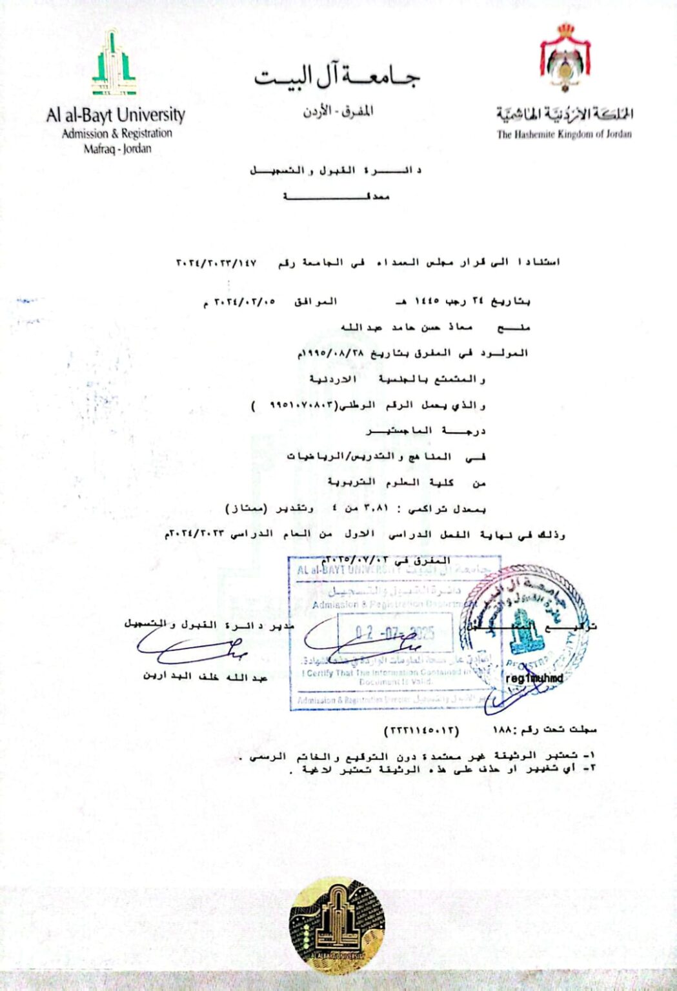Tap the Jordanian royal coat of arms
[565, 58]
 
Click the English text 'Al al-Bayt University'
[116, 115]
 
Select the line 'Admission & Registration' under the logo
[117, 134]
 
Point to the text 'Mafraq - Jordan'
[117, 148]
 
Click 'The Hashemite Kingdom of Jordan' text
[564, 134]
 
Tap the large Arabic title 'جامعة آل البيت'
[337, 78]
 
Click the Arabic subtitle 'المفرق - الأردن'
[338, 112]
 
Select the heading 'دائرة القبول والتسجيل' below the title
[336, 170]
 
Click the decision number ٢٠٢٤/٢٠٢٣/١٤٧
[216, 263]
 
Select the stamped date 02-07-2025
[395, 633]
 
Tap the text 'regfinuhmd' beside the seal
[534, 678]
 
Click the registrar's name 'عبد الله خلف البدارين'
[205, 676]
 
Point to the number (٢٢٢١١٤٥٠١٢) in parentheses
[421, 730]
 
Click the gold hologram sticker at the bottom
[336, 925]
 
